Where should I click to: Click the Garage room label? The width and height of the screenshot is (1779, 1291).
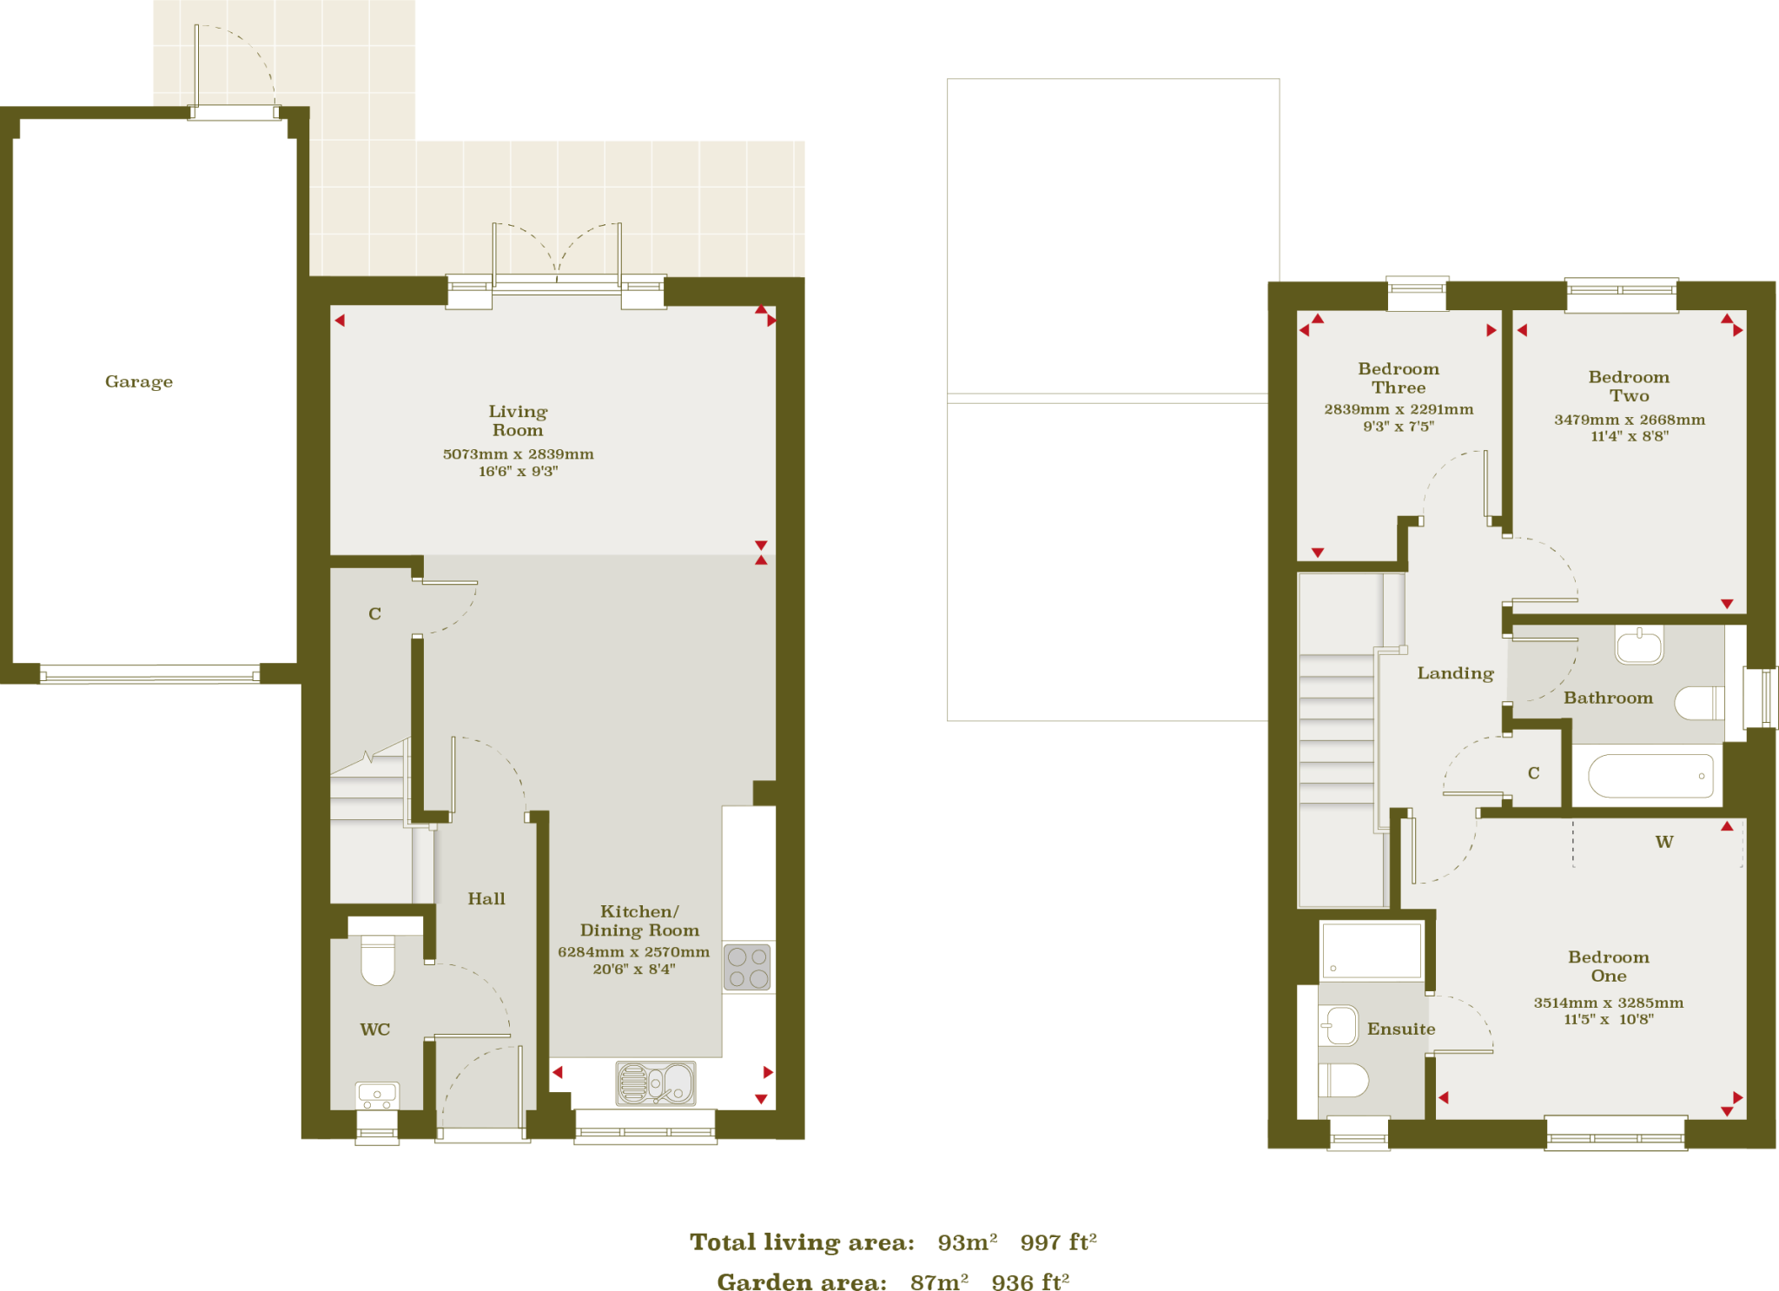139,381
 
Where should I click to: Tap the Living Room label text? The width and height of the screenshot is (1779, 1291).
518,420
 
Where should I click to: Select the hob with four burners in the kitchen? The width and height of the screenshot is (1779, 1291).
747,967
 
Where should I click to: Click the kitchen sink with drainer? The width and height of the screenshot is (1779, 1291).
656,1083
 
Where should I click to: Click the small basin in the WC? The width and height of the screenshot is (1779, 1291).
378,1095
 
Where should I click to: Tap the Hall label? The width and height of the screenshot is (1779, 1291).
486,899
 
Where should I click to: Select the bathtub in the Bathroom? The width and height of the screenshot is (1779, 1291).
1650,776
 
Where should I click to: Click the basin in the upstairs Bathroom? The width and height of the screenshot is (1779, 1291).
1639,645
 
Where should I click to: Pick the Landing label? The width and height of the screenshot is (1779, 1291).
1455,673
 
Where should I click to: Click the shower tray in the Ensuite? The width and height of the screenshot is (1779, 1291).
1371,951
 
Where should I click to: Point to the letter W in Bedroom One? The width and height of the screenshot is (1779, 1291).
1664,842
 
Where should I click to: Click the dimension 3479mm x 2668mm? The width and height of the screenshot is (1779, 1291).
1630,420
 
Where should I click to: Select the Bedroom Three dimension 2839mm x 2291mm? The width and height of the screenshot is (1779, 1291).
1399,409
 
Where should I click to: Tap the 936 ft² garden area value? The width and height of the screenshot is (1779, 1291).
1030,1282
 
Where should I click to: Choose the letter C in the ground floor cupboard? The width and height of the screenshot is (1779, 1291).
375,614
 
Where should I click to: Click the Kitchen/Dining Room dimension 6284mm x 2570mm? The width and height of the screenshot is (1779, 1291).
633,952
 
